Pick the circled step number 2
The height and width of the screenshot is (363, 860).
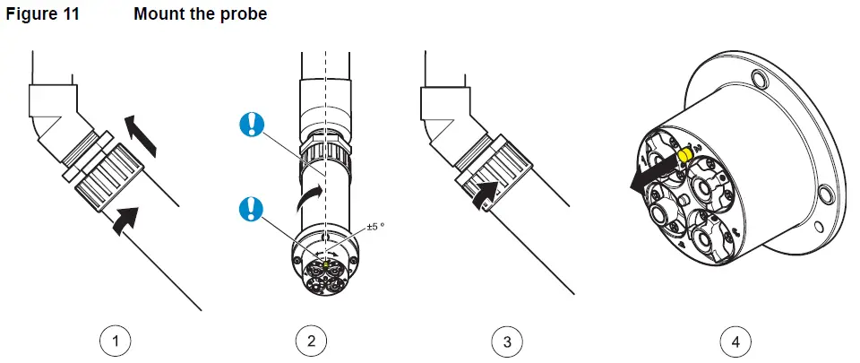(x=310, y=341)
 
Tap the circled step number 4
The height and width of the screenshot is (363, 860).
(x=735, y=341)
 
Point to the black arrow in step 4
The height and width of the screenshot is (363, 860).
(x=649, y=175)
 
